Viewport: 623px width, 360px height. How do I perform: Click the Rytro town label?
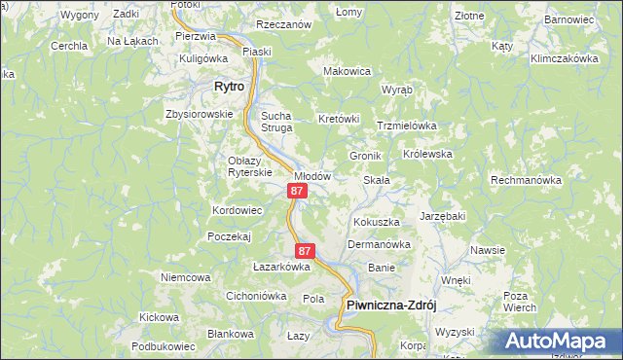[229, 87]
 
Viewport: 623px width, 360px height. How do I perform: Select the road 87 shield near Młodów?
[298, 192]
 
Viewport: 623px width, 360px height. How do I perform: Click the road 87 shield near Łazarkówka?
[305, 251]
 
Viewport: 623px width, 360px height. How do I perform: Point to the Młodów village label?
[313, 176]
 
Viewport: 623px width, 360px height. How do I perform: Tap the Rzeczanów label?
[283, 23]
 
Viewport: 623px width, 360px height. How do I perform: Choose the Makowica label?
[348, 71]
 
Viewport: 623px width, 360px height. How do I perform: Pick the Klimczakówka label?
[564, 58]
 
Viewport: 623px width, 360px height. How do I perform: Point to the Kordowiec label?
[238, 210]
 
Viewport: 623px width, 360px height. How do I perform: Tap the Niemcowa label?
[186, 277]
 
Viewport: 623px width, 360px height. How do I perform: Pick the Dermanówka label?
[379, 244]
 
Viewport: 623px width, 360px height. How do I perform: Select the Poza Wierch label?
[521, 301]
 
